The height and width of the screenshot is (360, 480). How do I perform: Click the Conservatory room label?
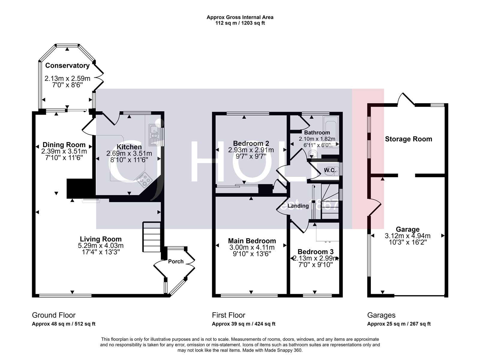pyautogui.click(x=67, y=65)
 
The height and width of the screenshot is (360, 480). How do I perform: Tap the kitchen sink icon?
pyautogui.click(x=154, y=135)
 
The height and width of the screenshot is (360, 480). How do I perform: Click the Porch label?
pyautogui.click(x=176, y=261)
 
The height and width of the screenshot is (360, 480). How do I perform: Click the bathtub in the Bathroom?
pyautogui.click(x=331, y=131)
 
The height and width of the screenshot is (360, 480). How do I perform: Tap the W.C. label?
pyautogui.click(x=329, y=170)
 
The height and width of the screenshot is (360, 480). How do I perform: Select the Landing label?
pyautogui.click(x=298, y=206)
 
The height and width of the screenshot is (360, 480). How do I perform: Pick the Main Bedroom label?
pyautogui.click(x=252, y=241)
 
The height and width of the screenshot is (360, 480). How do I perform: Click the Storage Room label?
pyautogui.click(x=408, y=139)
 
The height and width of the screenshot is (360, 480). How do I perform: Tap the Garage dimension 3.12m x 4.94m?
pyautogui.click(x=407, y=236)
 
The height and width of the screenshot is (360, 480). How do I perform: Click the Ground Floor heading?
pyautogui.click(x=54, y=315)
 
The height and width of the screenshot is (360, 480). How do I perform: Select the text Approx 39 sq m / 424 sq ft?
pyautogui.click(x=243, y=324)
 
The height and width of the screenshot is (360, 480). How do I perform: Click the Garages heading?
pyautogui.click(x=381, y=315)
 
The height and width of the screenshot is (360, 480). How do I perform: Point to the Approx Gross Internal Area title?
pyautogui.click(x=240, y=17)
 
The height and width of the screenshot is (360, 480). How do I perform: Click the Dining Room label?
pyautogui.click(x=64, y=145)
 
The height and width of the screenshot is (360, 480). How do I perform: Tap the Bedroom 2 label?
pyautogui.click(x=251, y=143)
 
